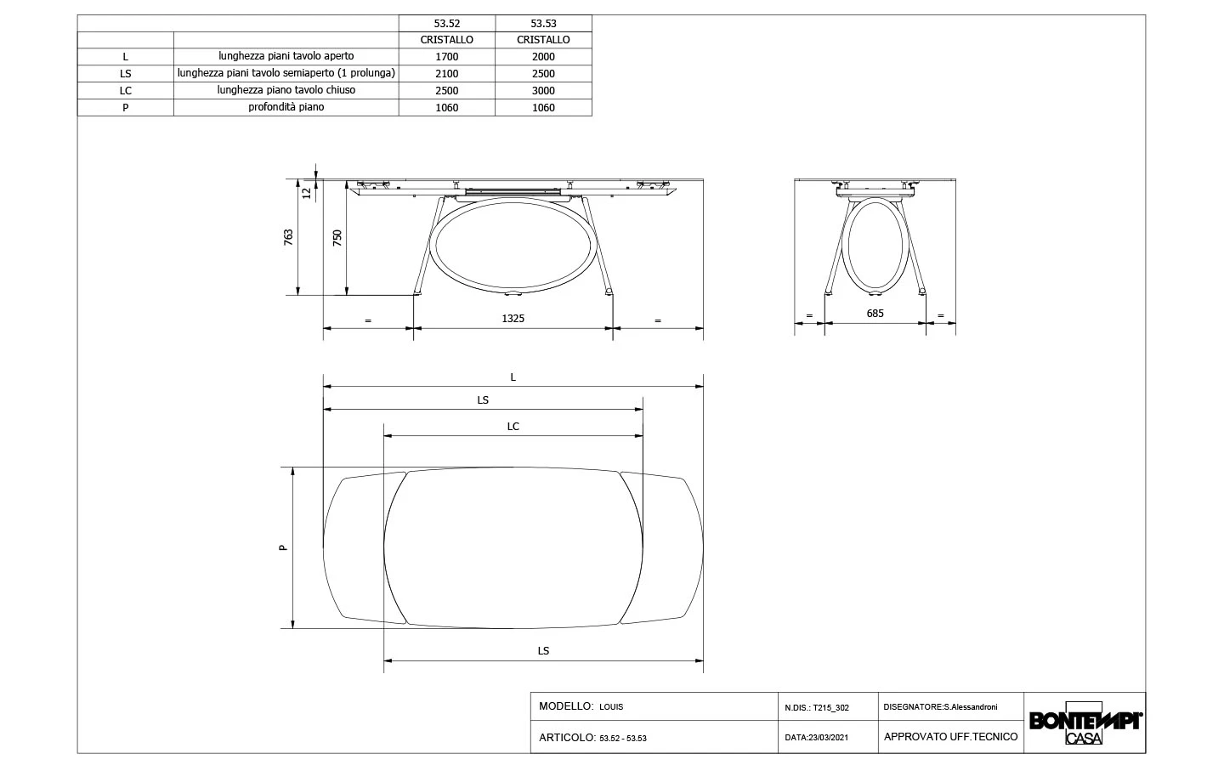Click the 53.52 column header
(x=446, y=24)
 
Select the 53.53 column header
(x=543, y=24)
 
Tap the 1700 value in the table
(x=446, y=57)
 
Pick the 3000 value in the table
(x=543, y=91)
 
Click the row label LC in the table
(x=125, y=91)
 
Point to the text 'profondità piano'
(x=286, y=107)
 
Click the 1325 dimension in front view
(x=513, y=319)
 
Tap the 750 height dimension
(x=337, y=238)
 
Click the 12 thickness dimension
(x=306, y=192)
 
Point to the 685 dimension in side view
(x=875, y=314)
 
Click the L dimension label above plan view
(x=513, y=377)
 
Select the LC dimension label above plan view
(x=513, y=427)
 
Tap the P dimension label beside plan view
(x=284, y=547)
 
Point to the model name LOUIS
(x=611, y=707)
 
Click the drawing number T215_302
(x=830, y=707)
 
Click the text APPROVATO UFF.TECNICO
(x=950, y=737)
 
